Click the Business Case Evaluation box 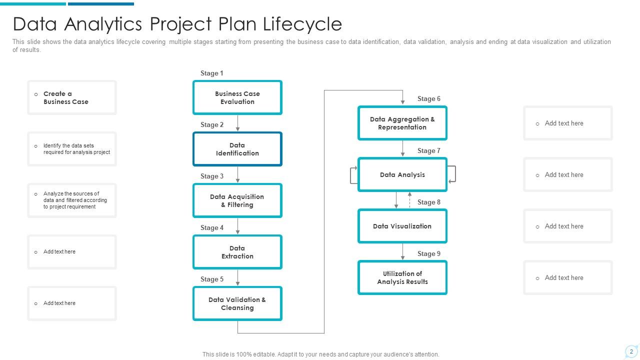pyautogui.click(x=237, y=97)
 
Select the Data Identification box pyautogui.click(x=237, y=149)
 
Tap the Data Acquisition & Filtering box pyautogui.click(x=237, y=200)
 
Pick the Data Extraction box pyautogui.click(x=237, y=252)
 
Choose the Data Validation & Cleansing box pyautogui.click(x=237, y=303)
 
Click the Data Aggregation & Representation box pyautogui.click(x=402, y=123)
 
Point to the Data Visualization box pyautogui.click(x=402, y=226)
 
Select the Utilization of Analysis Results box pyautogui.click(x=402, y=277)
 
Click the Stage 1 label pyautogui.click(x=211, y=73)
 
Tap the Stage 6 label pyautogui.click(x=429, y=98)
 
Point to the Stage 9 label pyautogui.click(x=429, y=253)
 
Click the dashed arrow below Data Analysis pyautogui.click(x=409, y=200)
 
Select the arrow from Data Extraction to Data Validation pyautogui.click(x=237, y=277)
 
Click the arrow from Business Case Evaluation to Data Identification pyautogui.click(x=237, y=123)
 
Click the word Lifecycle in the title pyautogui.click(x=302, y=24)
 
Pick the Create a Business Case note pyautogui.click(x=72, y=97)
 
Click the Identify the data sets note pyautogui.click(x=72, y=149)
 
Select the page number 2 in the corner pyautogui.click(x=631, y=351)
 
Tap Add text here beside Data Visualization pyautogui.click(x=563, y=226)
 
